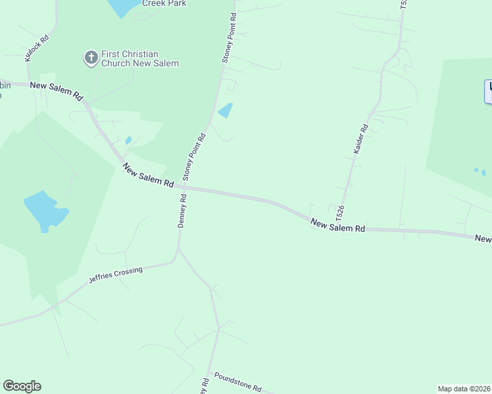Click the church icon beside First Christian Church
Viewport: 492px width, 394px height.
[91, 58]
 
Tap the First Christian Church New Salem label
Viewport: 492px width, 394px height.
[140, 59]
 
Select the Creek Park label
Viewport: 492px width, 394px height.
[164, 3]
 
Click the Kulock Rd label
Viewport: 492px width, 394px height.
[37, 49]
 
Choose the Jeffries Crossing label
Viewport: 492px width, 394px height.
[116, 275]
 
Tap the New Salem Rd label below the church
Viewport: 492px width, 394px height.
[57, 91]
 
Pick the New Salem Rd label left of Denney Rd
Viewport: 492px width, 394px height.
[148, 175]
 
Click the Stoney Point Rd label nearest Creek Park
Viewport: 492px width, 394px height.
[228, 38]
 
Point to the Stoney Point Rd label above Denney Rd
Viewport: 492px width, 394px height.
[195, 157]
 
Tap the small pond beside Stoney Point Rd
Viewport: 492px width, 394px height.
[226, 110]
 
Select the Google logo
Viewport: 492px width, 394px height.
[22, 386]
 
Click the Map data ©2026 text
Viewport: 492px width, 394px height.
[464, 388]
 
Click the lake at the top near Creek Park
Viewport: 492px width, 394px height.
[122, 7]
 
